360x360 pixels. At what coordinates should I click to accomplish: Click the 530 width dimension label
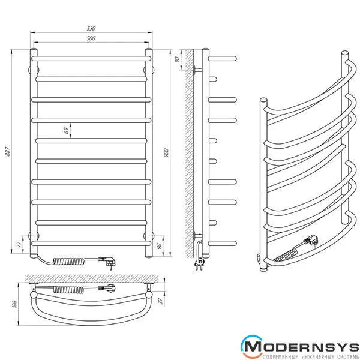click(91, 28)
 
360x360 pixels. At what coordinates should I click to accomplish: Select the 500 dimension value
click(91, 38)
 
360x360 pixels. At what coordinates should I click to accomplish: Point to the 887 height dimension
click(8, 152)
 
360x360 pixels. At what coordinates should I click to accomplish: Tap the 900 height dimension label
click(166, 153)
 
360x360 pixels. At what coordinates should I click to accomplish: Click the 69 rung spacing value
click(66, 130)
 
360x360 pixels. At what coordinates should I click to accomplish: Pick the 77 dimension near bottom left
click(20, 244)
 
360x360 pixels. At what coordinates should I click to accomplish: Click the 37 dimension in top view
click(161, 301)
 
